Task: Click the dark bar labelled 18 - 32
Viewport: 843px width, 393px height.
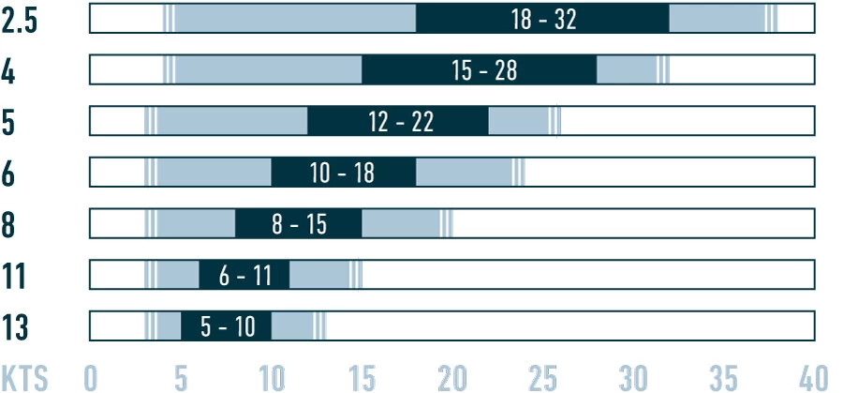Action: click(x=542, y=19)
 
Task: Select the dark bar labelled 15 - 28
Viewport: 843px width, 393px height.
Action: click(x=480, y=70)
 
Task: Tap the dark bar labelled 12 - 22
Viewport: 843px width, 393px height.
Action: click(x=398, y=121)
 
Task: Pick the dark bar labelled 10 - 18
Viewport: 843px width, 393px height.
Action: click(x=344, y=173)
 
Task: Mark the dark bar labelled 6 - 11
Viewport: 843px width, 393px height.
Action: click(x=244, y=275)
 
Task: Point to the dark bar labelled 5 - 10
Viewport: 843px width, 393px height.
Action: click(x=226, y=326)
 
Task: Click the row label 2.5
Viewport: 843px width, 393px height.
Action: click(x=20, y=21)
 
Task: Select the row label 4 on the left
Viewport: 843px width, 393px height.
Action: click(x=8, y=72)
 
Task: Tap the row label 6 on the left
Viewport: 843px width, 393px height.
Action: click(x=8, y=174)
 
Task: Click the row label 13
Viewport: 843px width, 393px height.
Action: click(x=15, y=328)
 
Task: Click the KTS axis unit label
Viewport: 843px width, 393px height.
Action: click(x=24, y=377)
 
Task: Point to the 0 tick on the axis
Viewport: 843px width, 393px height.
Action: click(x=91, y=377)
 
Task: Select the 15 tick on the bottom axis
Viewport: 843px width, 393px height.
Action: click(x=362, y=377)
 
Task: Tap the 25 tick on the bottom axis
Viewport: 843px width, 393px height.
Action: click(x=542, y=377)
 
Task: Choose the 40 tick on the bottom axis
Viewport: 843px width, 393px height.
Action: click(x=813, y=377)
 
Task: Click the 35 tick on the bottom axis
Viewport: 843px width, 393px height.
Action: click(x=723, y=377)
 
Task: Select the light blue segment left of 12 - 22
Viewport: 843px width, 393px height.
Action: click(x=232, y=121)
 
